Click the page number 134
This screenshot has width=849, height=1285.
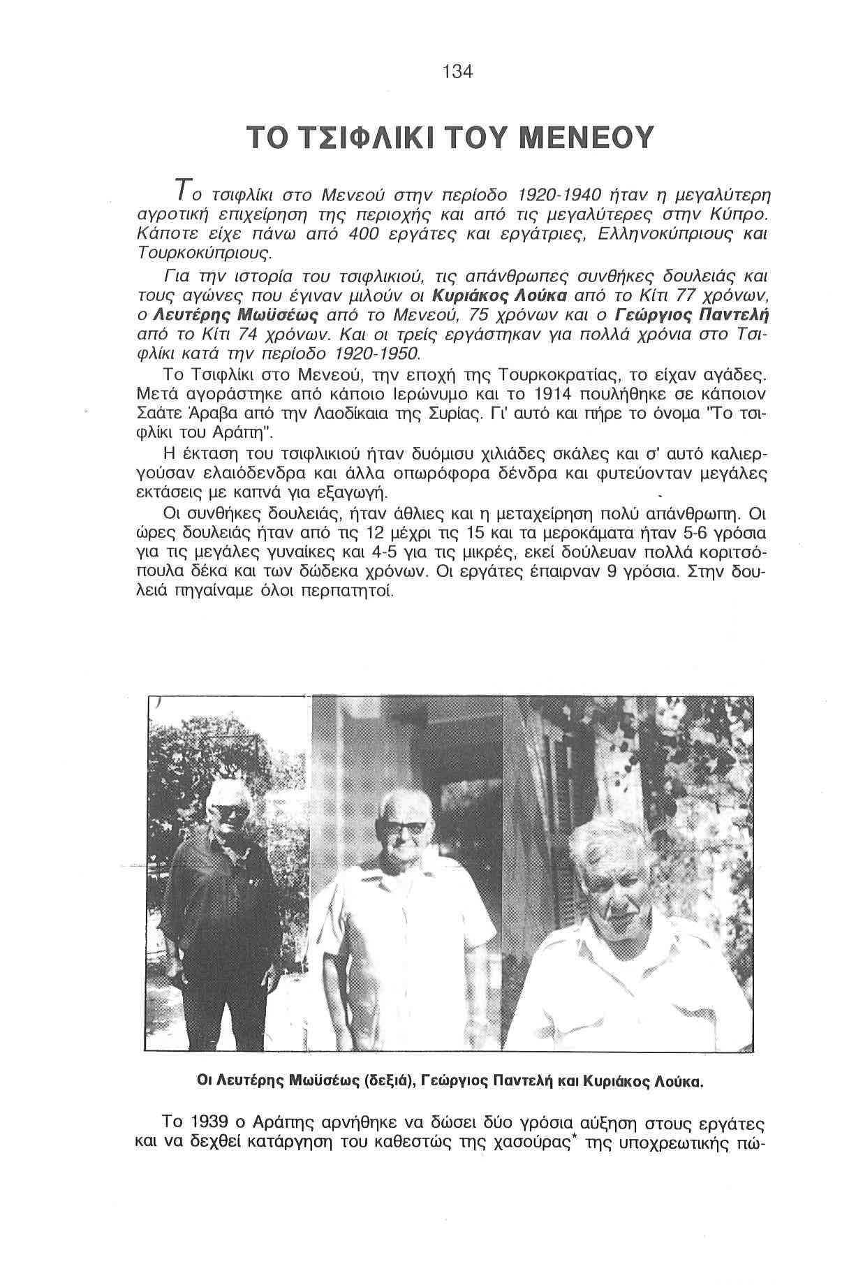(458, 73)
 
